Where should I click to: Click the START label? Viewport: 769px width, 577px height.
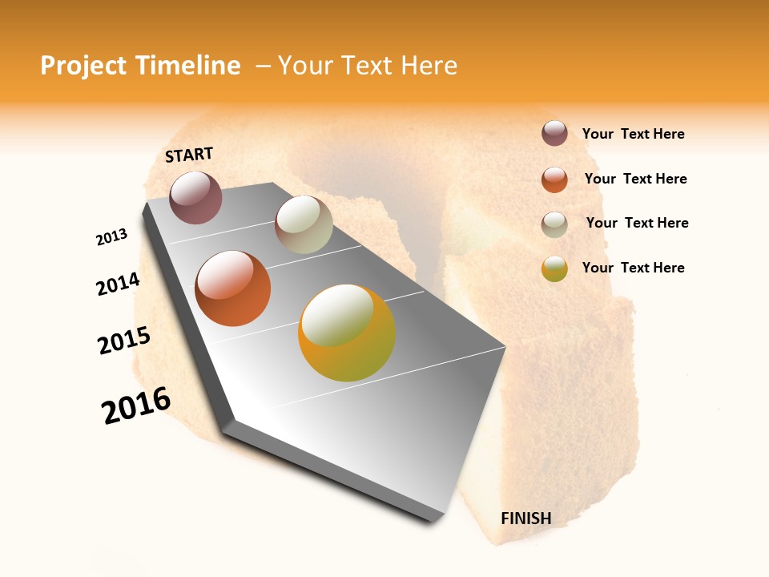point(189,155)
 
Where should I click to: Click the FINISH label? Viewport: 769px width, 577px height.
point(525,518)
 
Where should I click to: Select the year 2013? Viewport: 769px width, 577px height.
point(111,237)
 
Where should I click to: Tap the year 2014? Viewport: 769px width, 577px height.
point(118,284)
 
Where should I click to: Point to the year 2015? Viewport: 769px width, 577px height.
point(124,341)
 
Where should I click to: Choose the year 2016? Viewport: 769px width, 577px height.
point(136,406)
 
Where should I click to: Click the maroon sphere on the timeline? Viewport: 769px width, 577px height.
point(195,197)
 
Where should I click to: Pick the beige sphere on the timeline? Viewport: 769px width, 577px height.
point(304,224)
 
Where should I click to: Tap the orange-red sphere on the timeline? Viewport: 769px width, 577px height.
point(233,288)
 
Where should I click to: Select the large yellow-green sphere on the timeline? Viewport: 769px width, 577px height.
point(347,333)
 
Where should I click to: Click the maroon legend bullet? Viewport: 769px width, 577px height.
point(554,134)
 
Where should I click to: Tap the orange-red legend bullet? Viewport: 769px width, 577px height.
point(554,180)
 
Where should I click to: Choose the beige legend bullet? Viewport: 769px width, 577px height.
point(554,224)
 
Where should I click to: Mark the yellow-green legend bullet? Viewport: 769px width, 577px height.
point(554,269)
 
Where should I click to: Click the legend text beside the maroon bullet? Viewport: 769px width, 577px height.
point(633,135)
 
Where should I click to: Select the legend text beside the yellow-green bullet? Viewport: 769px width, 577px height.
point(633,268)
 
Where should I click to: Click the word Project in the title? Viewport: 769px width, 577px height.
point(83,66)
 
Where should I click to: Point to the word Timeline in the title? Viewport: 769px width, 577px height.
point(188,66)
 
